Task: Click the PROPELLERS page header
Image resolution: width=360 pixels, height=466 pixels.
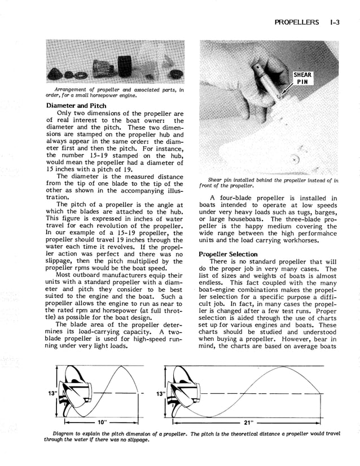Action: pos(296,23)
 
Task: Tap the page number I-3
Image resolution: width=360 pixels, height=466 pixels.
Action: pos(337,23)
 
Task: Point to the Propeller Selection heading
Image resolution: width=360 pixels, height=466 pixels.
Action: pos(228,254)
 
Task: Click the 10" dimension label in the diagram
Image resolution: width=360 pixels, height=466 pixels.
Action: pos(103,422)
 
